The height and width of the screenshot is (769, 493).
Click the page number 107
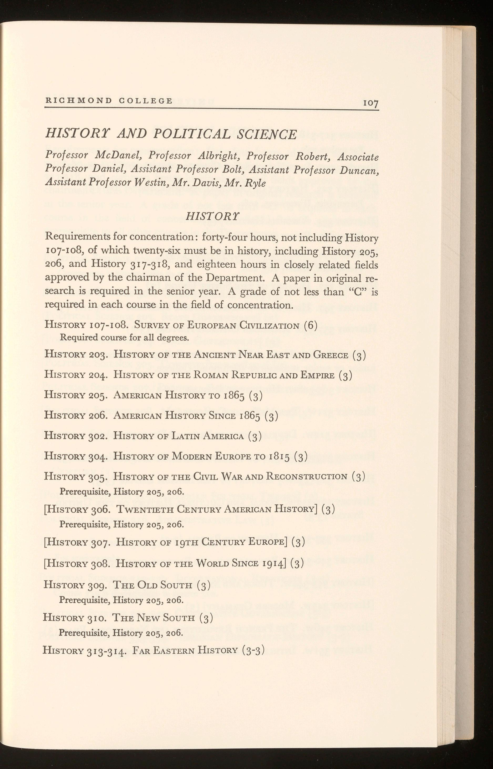pyautogui.click(x=370, y=103)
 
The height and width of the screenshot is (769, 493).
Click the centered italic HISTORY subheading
pyautogui.click(x=212, y=217)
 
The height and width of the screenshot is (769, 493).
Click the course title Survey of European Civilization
pyautogui.click(x=217, y=326)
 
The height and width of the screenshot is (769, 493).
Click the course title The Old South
pyautogui.click(x=153, y=585)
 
